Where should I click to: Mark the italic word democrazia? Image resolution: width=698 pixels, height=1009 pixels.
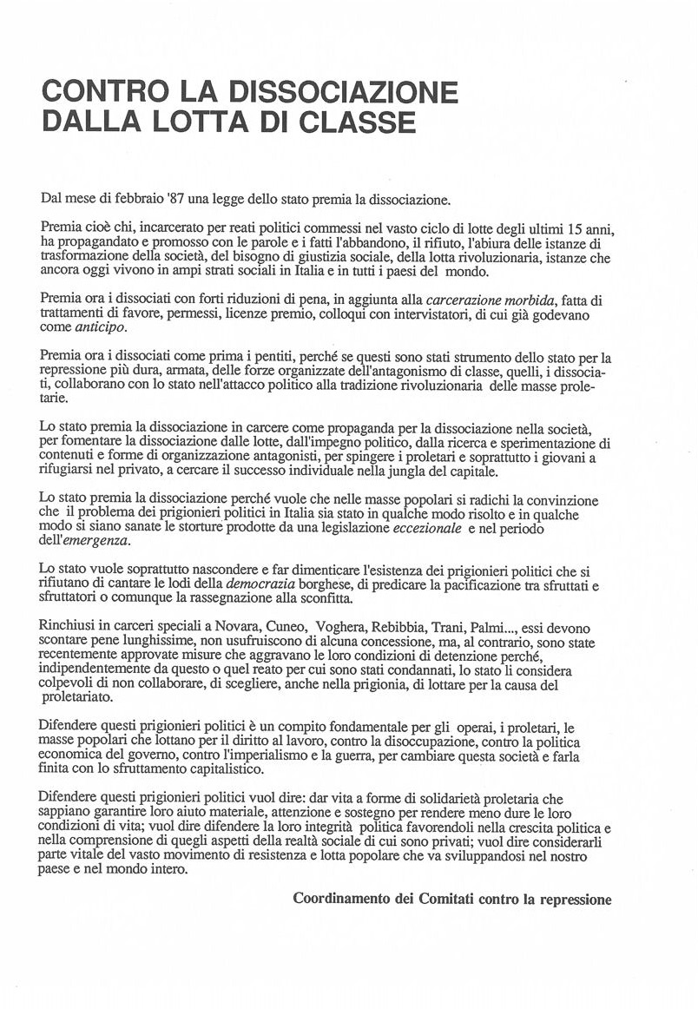point(261,584)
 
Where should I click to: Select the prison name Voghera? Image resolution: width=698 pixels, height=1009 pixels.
point(342,627)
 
